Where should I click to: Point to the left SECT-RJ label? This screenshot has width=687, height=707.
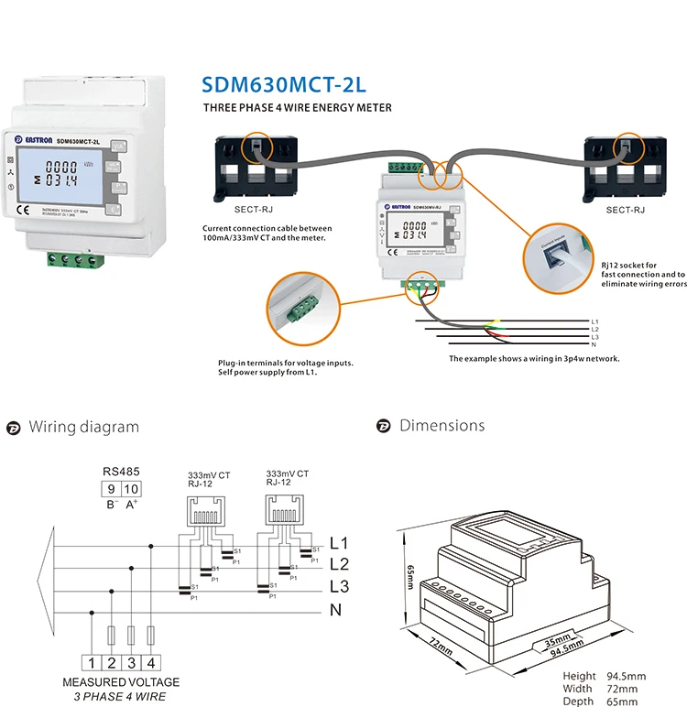tap(240, 210)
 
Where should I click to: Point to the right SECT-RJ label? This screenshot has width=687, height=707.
tap(626, 210)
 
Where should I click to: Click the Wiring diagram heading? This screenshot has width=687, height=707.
tap(84, 427)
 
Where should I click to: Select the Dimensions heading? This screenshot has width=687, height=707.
tap(442, 426)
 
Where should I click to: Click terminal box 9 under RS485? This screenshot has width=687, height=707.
tap(112, 489)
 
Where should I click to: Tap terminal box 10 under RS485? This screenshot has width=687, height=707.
tap(132, 489)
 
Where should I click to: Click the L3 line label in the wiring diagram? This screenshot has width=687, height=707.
tap(339, 586)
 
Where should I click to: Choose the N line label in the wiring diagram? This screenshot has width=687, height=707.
tap(335, 609)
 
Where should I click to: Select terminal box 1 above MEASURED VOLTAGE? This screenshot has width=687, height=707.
tap(92, 662)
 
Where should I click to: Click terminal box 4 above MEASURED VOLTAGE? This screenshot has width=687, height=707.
tap(152, 662)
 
